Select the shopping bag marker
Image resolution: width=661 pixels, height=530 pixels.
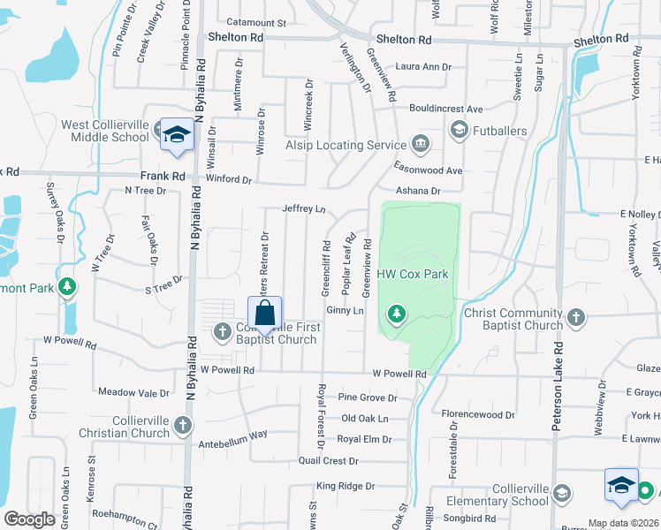[x=265, y=314]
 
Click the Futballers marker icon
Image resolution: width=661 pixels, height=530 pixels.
[x=459, y=132]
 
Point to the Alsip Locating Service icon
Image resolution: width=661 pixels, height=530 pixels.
[x=420, y=144]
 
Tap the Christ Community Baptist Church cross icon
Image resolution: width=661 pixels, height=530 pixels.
[x=576, y=317]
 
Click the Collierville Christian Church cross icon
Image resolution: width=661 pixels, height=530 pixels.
[x=182, y=426]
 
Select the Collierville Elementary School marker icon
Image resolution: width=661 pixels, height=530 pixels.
[x=622, y=485]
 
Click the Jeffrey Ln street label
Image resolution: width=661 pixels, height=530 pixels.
[x=304, y=209]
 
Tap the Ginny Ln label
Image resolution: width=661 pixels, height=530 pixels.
[x=346, y=311]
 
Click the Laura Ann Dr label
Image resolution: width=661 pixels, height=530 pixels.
[x=423, y=66]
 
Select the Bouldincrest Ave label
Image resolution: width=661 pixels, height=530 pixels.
[x=445, y=109]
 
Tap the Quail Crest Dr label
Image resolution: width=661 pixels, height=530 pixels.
[x=328, y=460]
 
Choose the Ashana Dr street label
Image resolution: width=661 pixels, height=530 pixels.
[x=418, y=191]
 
